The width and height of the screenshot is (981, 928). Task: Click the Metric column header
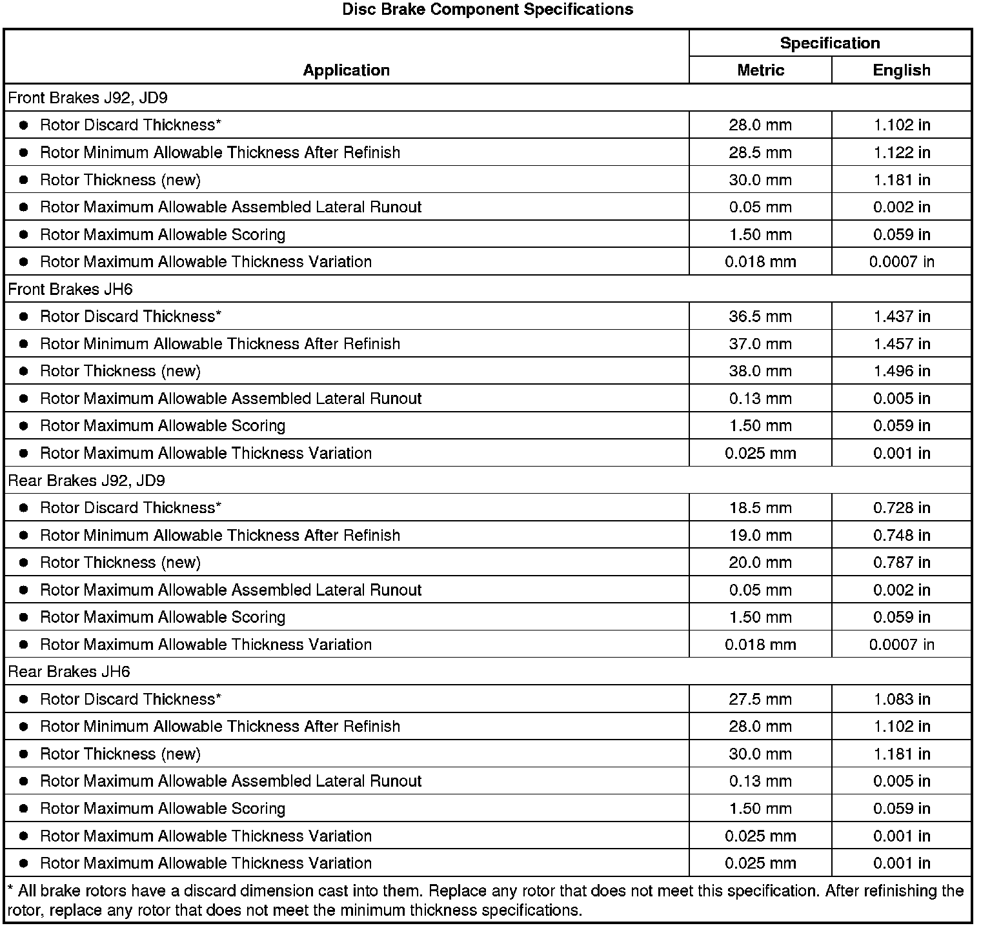point(760,70)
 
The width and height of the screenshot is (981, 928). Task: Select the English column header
point(901,70)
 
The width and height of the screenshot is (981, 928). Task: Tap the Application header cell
point(346,70)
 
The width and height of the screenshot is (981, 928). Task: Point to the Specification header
point(829,43)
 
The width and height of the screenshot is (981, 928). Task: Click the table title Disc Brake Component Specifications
point(487,10)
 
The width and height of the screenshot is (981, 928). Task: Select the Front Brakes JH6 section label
point(70,289)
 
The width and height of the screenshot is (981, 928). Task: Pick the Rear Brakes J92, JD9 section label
point(86,481)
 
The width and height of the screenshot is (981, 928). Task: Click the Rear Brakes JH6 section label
point(69,672)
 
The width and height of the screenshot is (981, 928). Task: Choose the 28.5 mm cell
point(760,152)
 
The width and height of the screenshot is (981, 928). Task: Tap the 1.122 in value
point(902,152)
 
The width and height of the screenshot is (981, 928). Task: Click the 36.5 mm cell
point(760,316)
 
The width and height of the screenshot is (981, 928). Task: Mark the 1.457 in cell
point(902,343)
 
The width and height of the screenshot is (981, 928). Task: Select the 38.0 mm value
point(760,371)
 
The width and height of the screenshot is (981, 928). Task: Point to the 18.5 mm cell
point(760,508)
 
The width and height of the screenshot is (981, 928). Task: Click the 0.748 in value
point(902,535)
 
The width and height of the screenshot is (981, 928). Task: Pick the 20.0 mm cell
point(760,563)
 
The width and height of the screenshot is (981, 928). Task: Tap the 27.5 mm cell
point(760,699)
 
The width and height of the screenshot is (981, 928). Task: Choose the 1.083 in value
point(902,699)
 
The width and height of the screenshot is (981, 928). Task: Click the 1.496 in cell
point(902,371)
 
